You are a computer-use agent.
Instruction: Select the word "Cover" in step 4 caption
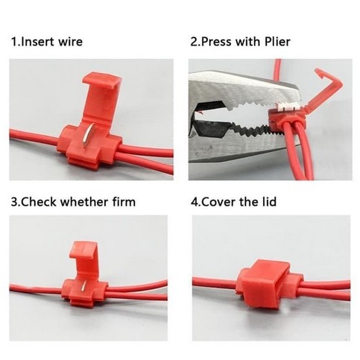click(221, 201)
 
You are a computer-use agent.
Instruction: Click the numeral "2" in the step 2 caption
click(195, 42)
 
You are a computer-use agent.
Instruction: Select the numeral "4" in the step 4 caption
click(195, 201)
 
